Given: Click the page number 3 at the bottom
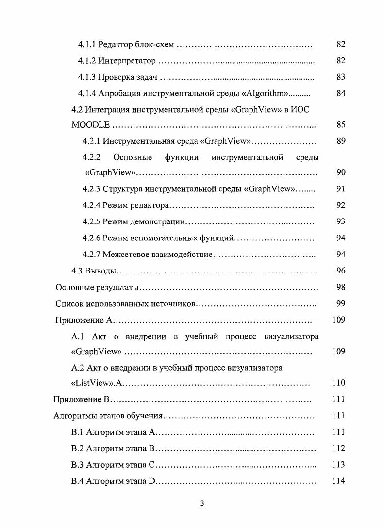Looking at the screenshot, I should pos(202,503).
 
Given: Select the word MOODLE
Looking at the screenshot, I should pos(91,125).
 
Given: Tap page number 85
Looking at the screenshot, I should pos(340,125).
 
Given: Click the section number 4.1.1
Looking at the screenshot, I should pos(87,45).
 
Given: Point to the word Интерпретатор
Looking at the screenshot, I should pos(127,61).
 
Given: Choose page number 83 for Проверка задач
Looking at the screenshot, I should pos(340,77).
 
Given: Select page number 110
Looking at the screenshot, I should pos(338,383).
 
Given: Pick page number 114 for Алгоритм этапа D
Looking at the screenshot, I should pos(338,481).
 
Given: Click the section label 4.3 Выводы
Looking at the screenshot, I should pos(92,271).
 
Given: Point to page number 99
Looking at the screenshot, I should pos(340,304).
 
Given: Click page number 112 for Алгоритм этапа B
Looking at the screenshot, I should pos(338,448).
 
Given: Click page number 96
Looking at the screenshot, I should pos(340,271).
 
